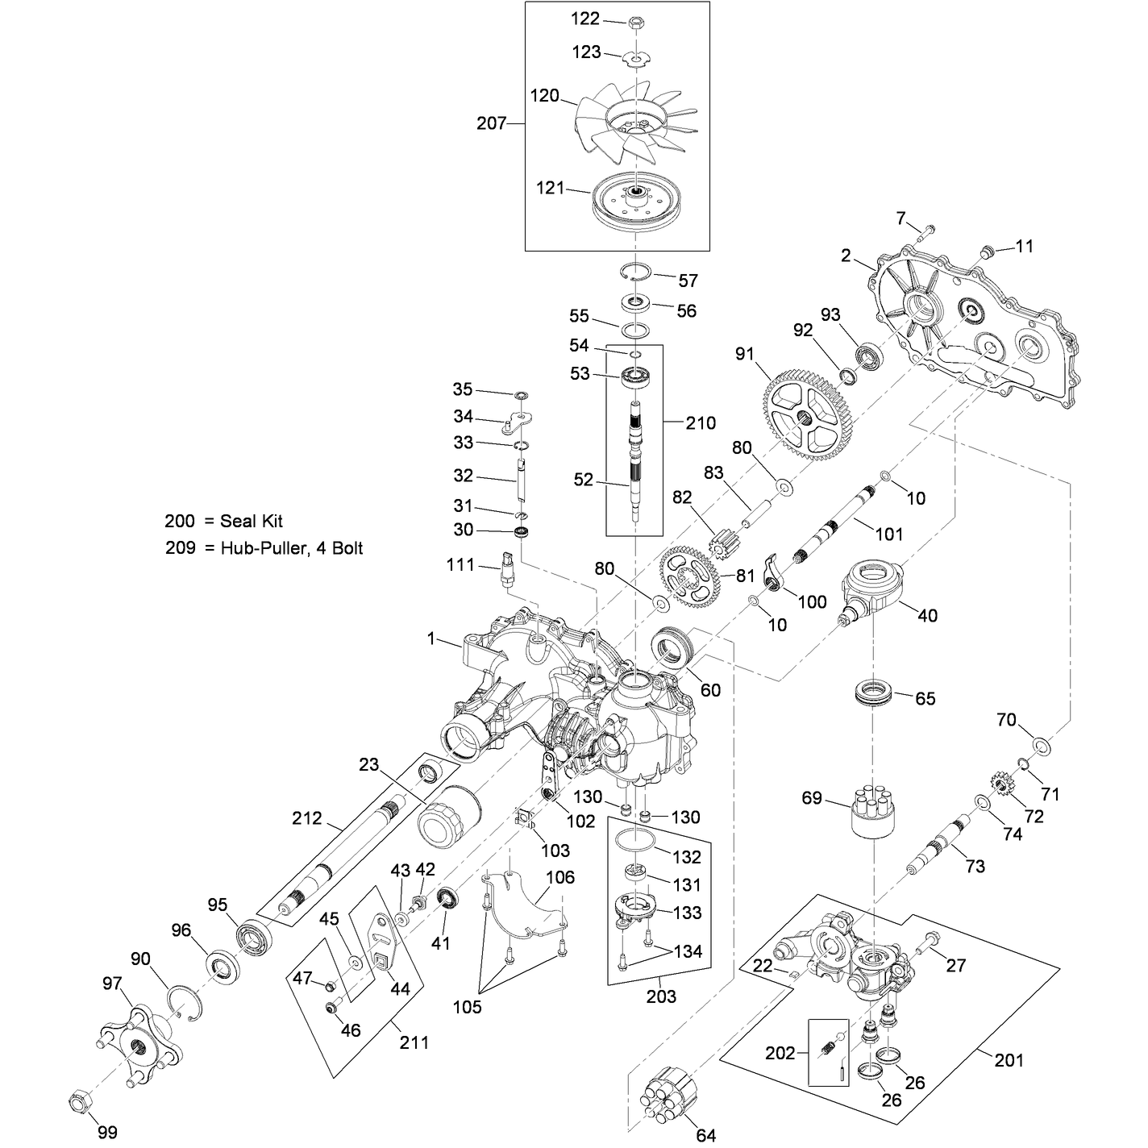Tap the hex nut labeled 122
(x=635, y=23)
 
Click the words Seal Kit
(x=251, y=521)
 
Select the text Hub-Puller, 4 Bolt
(x=291, y=547)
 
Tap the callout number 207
(x=491, y=123)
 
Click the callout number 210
(x=700, y=423)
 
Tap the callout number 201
(x=1009, y=1060)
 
